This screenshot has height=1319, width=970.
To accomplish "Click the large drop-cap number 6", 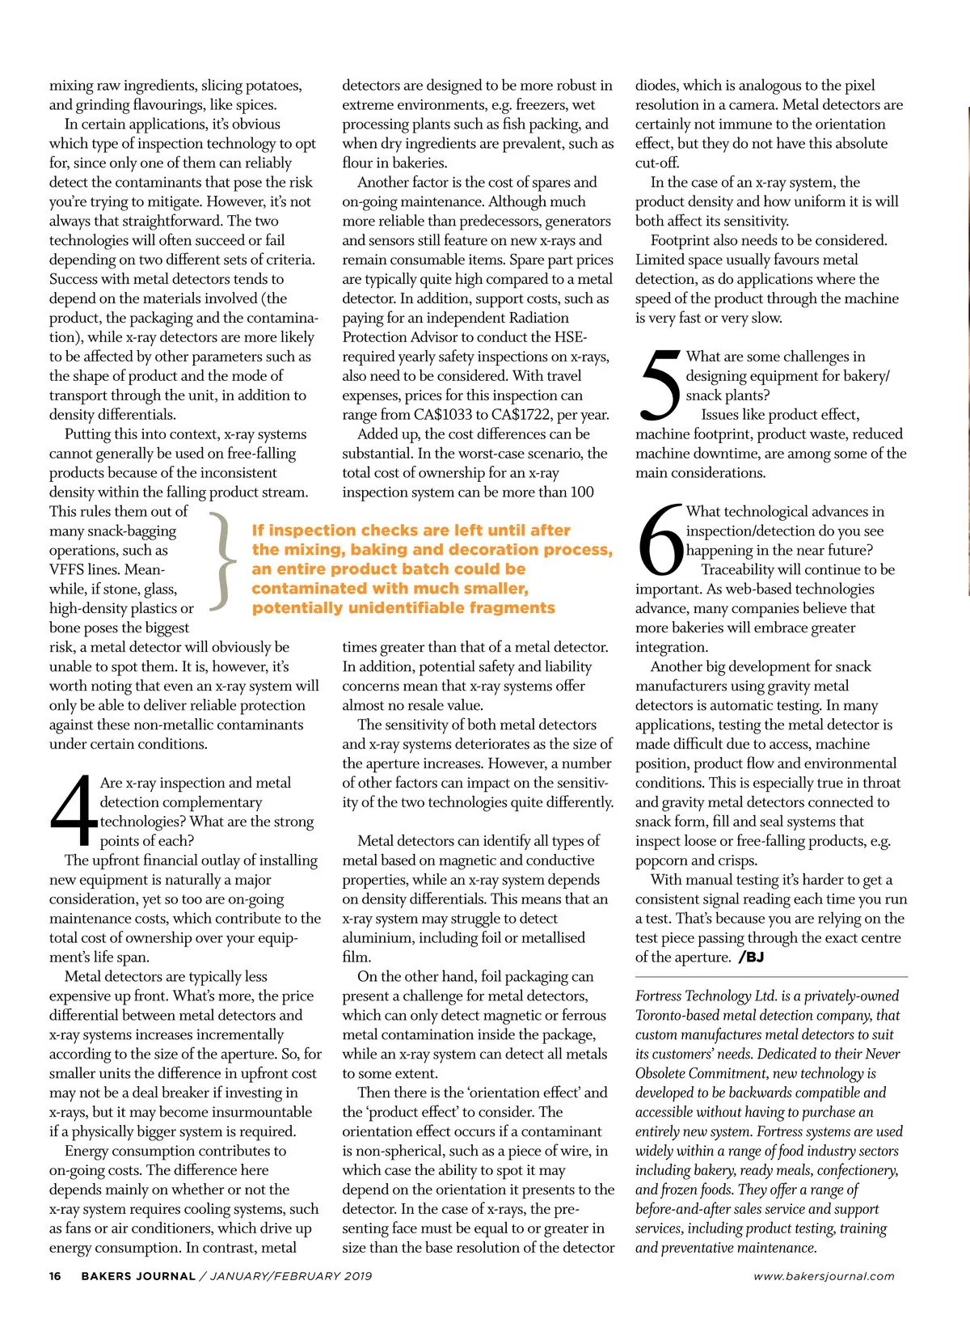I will click(660, 539).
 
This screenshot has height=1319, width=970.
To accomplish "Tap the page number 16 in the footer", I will click(55, 1276).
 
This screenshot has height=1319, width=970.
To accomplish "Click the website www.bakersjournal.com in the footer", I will click(824, 1276).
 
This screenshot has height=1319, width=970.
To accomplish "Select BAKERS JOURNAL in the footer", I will click(138, 1276).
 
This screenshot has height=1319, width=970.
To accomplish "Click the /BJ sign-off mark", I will click(751, 958).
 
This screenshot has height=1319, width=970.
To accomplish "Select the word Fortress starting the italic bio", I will click(662, 996).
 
